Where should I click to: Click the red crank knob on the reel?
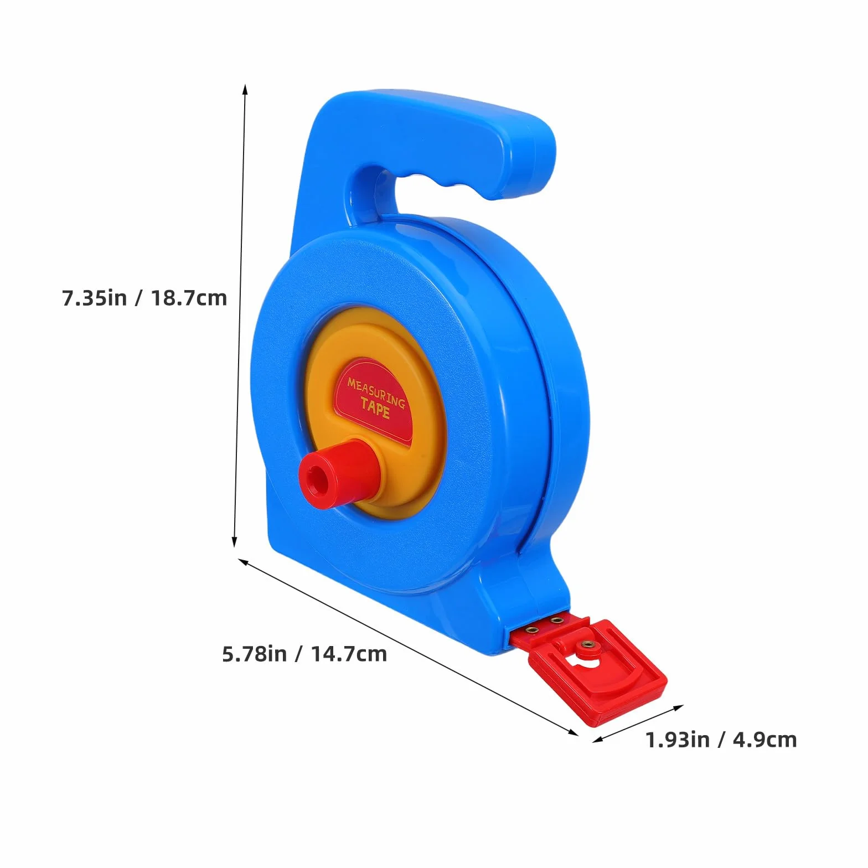pyautogui.click(x=339, y=471)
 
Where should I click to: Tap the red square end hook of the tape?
pyautogui.click(x=598, y=670)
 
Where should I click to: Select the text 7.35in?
pyautogui.click(x=94, y=298)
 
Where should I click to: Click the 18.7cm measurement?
pyautogui.click(x=189, y=298)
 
